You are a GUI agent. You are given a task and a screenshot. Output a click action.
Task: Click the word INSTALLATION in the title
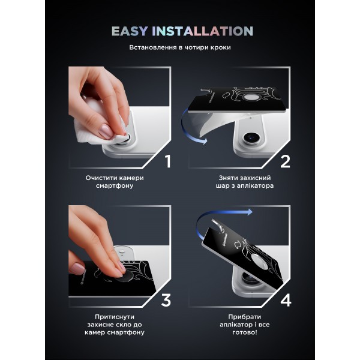pos(202,31)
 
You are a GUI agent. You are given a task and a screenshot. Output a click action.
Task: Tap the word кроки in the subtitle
pos(220,47)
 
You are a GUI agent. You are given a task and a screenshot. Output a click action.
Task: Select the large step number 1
pos(168,161)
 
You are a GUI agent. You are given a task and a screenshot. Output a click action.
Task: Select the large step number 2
pos(285,161)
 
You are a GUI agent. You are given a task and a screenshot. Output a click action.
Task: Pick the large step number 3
pos(166,300)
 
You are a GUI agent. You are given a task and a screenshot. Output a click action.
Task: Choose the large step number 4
pos(286,300)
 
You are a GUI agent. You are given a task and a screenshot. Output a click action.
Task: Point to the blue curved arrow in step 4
pos(206,218)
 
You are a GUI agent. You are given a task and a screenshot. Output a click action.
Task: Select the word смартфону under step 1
pos(115,185)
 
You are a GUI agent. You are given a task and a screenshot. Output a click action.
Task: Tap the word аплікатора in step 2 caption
pos(255,185)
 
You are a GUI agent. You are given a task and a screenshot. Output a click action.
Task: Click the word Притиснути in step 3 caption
pos(115,317)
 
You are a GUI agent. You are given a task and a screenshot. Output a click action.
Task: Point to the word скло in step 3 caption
pos(119,325)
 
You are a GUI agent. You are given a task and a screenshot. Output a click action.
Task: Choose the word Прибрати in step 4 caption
pos(245,317)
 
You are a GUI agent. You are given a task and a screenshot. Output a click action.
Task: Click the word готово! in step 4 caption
pos(245,332)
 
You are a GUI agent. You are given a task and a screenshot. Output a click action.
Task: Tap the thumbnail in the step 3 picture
pos(78,269)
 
